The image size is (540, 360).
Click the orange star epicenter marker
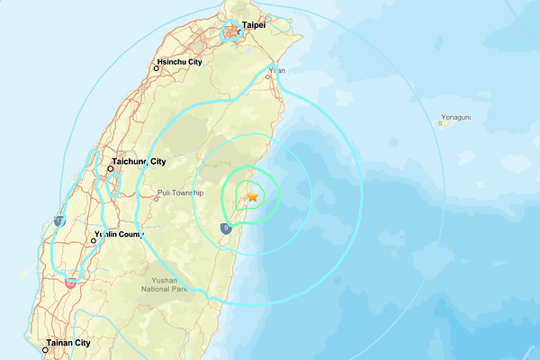click(253, 195)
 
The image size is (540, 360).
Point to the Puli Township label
click(182, 192)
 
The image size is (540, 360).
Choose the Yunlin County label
click(119, 235)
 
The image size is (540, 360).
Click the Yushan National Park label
click(165, 284)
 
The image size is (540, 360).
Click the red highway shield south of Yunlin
click(70, 283)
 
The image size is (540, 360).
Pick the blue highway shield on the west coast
click(59, 220)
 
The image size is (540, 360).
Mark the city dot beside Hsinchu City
click(153, 68)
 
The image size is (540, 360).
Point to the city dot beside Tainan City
click(43, 343)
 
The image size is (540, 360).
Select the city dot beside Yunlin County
click(94, 241)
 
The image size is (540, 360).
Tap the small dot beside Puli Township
click(156, 199)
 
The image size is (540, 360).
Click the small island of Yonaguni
click(443, 123)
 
